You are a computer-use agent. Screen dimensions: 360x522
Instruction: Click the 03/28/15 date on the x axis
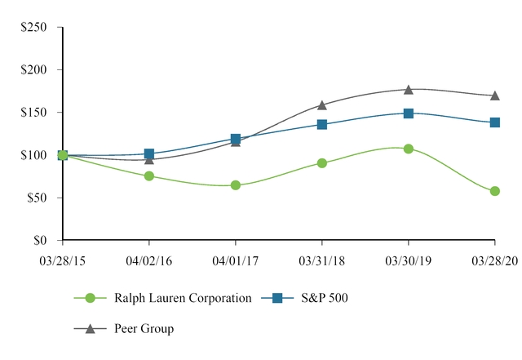(63, 260)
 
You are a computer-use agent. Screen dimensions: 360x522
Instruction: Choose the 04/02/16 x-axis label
(149, 260)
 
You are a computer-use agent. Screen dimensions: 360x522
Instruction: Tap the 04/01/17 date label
(236, 260)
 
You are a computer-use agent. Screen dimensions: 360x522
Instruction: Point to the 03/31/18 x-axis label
(322, 260)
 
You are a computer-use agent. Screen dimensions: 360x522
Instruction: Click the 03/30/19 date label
(409, 260)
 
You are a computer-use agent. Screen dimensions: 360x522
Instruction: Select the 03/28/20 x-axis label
(494, 260)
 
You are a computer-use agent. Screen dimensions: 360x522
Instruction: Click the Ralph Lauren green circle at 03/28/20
(495, 191)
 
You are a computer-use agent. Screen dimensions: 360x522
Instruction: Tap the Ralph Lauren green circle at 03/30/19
(409, 149)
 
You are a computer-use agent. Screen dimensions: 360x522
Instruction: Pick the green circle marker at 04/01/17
(236, 185)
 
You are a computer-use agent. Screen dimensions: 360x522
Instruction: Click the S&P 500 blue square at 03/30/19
(409, 113)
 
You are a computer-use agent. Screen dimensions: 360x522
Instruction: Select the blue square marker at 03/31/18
(322, 124)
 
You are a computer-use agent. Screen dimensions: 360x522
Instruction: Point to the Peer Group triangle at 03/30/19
(409, 90)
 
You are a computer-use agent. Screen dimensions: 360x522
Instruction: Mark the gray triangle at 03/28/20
(495, 96)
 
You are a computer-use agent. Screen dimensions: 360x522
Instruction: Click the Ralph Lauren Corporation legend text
(183, 299)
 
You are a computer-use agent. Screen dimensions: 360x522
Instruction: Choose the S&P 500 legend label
(325, 299)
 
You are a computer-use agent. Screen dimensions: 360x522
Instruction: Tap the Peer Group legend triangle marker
(90, 328)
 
